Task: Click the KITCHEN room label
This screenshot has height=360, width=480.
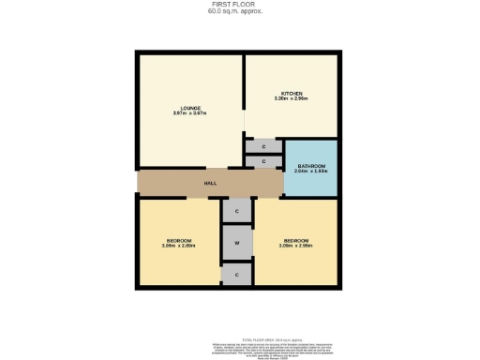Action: point(292,93)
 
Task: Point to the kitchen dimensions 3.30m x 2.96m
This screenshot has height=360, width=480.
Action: point(292,98)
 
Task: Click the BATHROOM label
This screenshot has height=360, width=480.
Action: point(309,166)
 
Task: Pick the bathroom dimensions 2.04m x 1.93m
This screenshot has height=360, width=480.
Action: point(309,172)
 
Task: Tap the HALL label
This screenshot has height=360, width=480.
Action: point(211,183)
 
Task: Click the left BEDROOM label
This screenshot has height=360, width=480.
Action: point(178,240)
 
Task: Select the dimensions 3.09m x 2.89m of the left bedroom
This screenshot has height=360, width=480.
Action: point(178,246)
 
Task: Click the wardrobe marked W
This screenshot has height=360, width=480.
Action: point(237,243)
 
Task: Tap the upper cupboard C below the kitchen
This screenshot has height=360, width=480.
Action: point(263,146)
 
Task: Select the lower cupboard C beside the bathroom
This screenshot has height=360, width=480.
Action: point(263,162)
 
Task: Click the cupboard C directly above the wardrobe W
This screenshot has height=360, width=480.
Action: point(237,212)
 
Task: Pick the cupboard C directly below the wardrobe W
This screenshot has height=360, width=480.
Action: point(237,275)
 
